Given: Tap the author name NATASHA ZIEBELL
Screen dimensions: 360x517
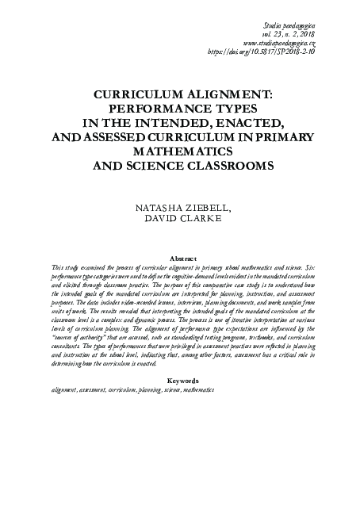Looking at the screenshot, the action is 179,209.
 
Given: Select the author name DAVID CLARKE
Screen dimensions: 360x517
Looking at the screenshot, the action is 179,221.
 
